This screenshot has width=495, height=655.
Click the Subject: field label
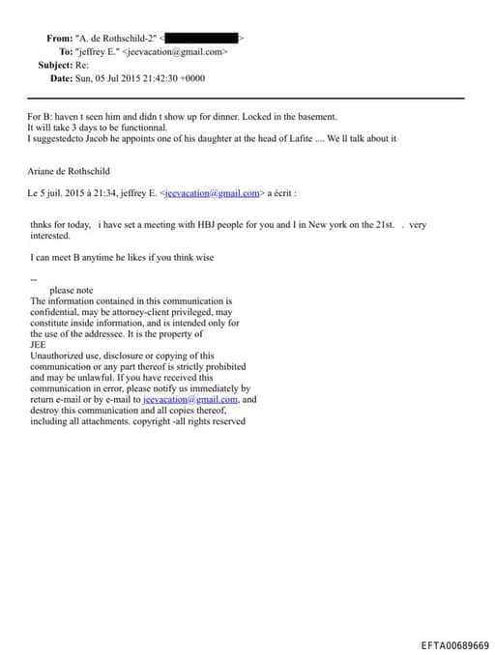(57, 65)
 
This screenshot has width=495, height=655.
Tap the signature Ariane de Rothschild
(71, 170)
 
